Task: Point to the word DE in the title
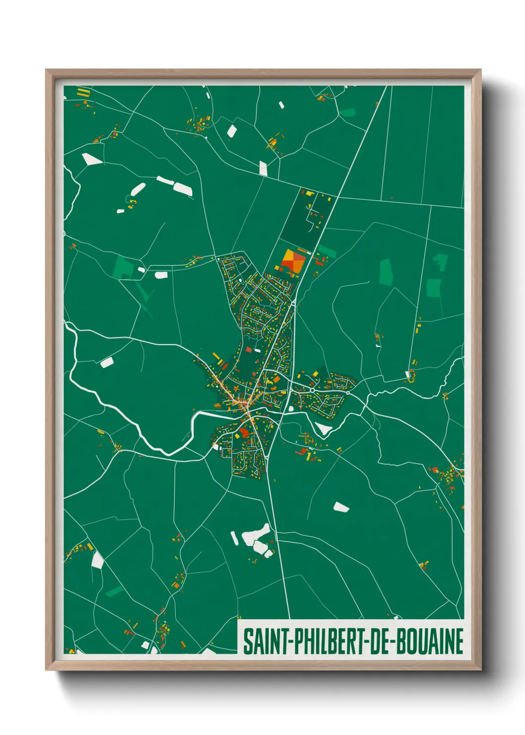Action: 381,642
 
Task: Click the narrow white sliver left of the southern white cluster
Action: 234,538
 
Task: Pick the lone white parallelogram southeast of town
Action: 341,507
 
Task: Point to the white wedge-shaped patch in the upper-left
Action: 91,159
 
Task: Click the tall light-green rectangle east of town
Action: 386,272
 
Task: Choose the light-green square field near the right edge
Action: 434,288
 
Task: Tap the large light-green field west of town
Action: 122,267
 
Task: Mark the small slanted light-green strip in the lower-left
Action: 114,591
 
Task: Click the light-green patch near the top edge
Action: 348,113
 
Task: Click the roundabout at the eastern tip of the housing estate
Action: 348,392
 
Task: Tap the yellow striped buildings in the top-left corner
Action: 83,92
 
